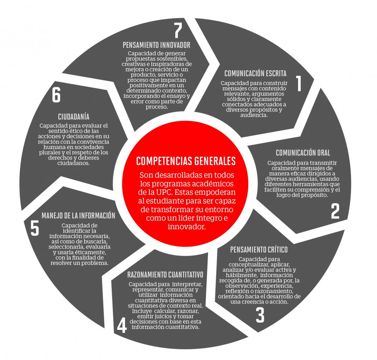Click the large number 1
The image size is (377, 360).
coord(299,83)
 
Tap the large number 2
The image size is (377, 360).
coord(335,211)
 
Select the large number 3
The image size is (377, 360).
coord(260,315)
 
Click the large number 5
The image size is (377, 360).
coord(35,228)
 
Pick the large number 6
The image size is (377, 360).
coord(56,95)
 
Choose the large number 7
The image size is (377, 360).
coord(178,31)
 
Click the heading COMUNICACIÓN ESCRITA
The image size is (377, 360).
coord(255,73)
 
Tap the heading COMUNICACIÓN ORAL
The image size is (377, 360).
coord(303,153)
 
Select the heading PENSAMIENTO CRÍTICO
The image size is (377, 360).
coord(259,250)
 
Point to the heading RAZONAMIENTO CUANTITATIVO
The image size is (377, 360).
coord(165,275)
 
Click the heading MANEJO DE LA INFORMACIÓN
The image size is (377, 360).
coord(79,216)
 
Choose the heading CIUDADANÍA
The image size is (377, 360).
coord(74,117)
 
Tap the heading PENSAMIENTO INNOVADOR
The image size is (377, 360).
coord(156,45)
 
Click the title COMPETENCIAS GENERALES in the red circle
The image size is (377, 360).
coord(186,161)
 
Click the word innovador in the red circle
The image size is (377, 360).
coord(187,227)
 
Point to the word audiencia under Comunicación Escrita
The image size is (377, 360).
coord(254,115)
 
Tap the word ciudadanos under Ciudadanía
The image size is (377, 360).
coord(74,163)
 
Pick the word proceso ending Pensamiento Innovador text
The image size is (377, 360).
coord(156,107)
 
